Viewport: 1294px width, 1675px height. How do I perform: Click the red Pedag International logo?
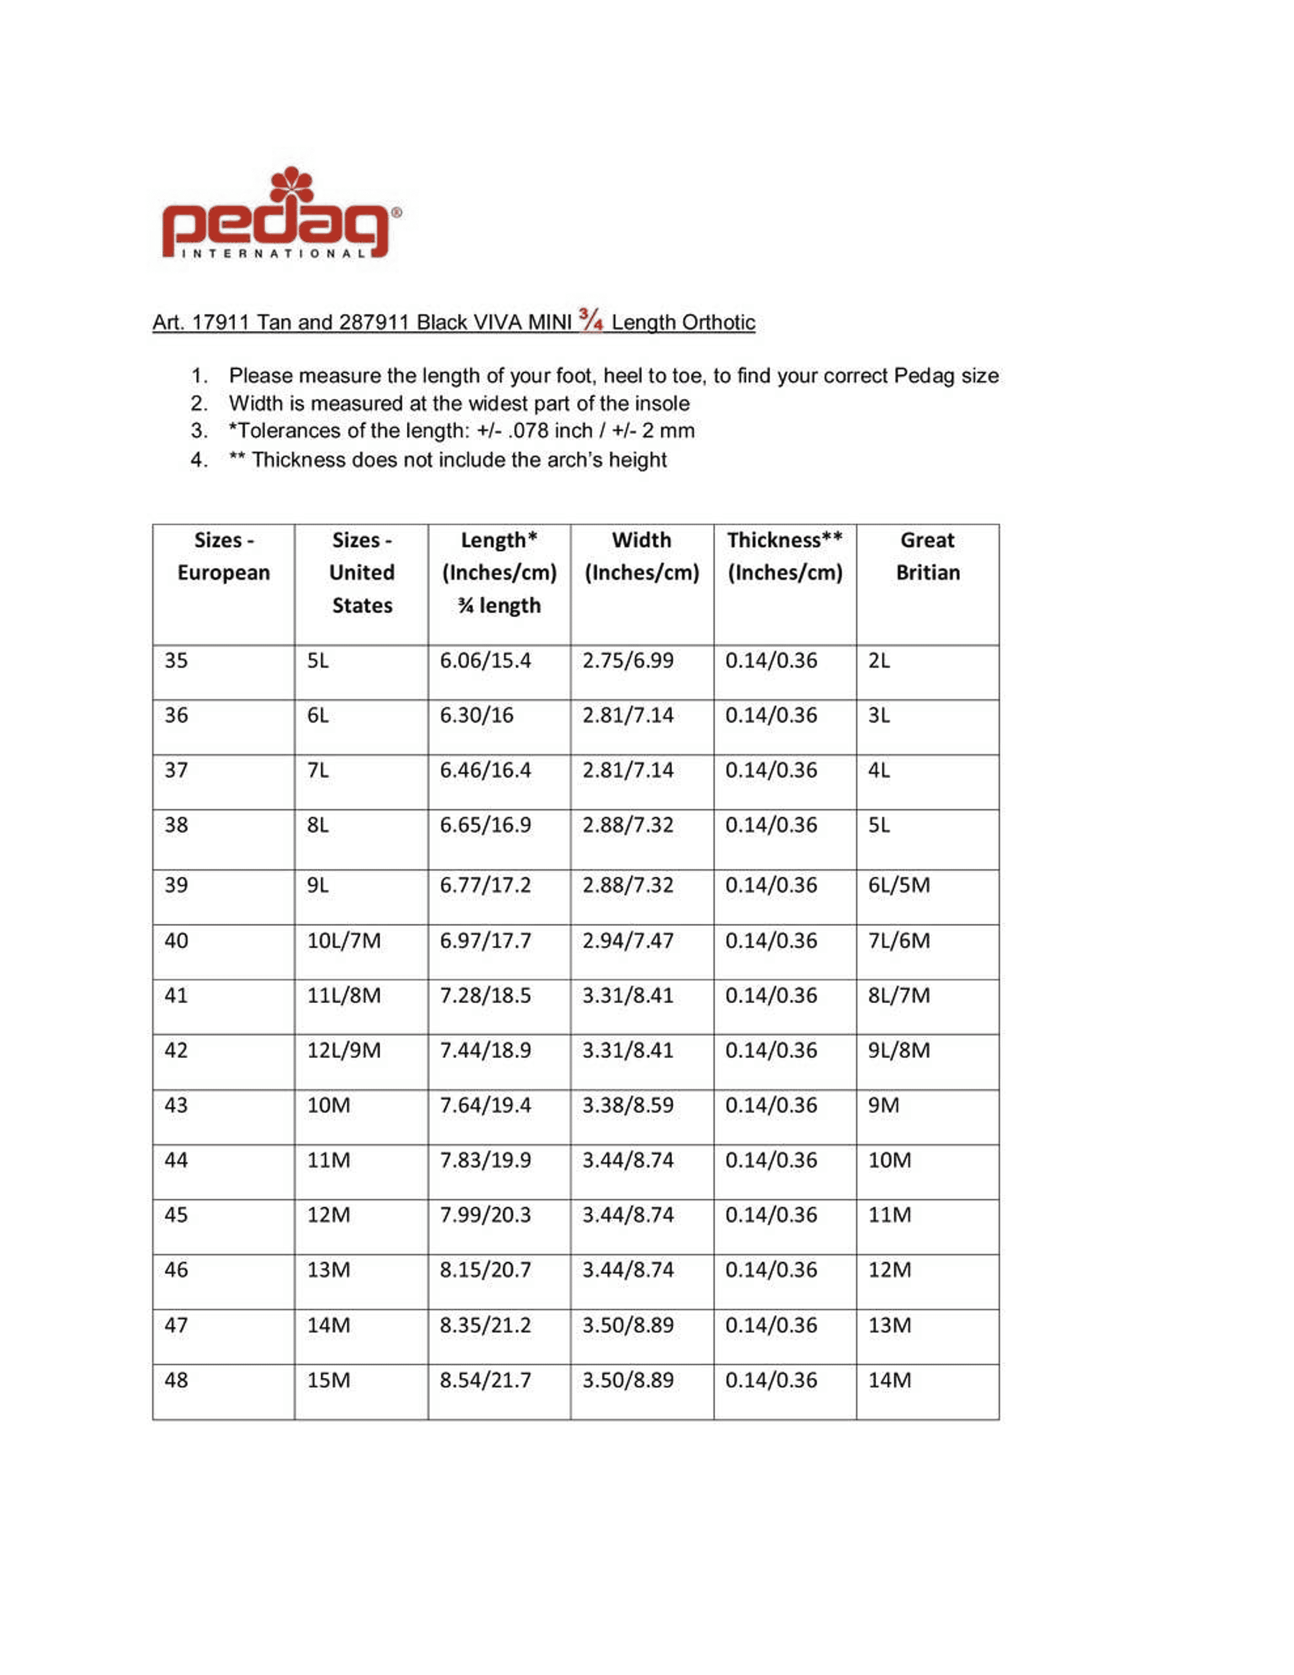(x=280, y=215)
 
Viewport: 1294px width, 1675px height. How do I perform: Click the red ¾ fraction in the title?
(x=591, y=319)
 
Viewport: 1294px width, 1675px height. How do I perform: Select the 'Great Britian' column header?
(x=927, y=557)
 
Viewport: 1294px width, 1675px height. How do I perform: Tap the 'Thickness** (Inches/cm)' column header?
(x=784, y=557)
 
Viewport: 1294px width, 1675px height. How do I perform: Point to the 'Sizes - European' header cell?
(x=223, y=557)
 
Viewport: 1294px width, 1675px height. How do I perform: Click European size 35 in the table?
(x=176, y=660)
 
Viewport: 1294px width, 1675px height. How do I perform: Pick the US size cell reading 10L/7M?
(x=343, y=940)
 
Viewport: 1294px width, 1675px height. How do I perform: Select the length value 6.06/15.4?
(x=485, y=660)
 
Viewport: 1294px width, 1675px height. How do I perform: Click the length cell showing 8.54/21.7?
(x=485, y=1380)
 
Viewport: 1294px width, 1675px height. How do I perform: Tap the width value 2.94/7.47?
(x=628, y=940)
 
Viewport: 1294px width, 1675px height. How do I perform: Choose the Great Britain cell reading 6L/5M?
(x=898, y=885)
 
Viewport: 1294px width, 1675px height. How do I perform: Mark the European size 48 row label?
(x=176, y=1380)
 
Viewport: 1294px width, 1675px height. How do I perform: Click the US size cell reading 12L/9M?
(x=343, y=1050)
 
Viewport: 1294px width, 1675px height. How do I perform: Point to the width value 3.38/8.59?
(x=628, y=1105)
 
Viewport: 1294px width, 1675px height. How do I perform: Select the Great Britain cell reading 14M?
(x=889, y=1380)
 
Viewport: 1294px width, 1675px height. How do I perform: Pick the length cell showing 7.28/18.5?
(x=485, y=995)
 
